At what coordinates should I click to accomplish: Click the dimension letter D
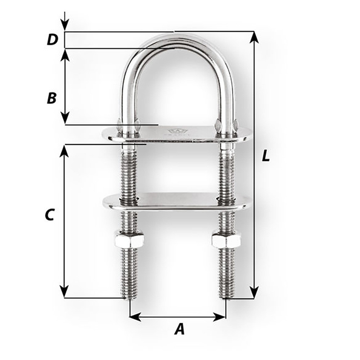[53, 40]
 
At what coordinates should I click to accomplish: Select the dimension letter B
[52, 98]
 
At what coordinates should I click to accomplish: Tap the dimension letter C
[49, 215]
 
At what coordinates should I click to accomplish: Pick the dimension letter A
[179, 329]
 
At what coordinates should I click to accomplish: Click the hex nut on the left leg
[129, 240]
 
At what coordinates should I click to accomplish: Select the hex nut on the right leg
[226, 240]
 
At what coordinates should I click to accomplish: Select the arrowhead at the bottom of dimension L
[254, 293]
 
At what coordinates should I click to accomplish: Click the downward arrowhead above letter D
[64, 26]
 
